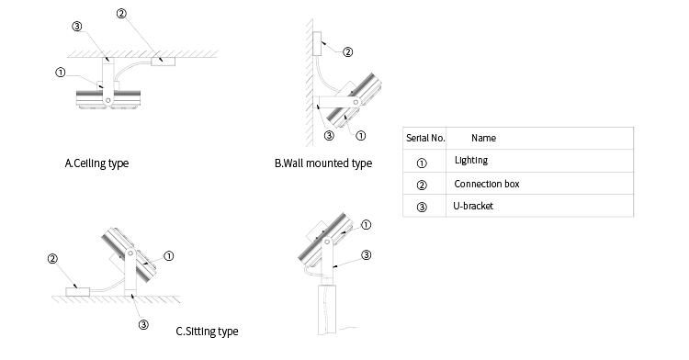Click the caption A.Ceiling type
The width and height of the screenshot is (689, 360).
(x=96, y=163)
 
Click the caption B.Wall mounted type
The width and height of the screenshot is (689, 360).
(x=323, y=163)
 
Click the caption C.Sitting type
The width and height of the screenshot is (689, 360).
(x=207, y=331)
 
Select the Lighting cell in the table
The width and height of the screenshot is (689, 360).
(x=471, y=160)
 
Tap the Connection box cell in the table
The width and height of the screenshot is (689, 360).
(x=486, y=184)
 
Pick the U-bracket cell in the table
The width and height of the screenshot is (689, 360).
(x=473, y=206)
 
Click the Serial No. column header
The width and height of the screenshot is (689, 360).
(x=425, y=138)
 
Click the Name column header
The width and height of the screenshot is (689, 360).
(x=483, y=138)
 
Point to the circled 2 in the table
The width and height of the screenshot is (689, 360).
(x=422, y=185)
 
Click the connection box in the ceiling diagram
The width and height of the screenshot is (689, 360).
(x=163, y=62)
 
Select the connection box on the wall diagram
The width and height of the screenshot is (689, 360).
(x=317, y=44)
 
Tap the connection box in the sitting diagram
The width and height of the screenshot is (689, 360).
(x=78, y=292)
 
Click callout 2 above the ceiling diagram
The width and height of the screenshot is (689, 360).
(x=121, y=14)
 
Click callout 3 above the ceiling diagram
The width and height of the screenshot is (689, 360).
(x=77, y=27)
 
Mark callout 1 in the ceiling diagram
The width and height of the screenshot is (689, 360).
(x=61, y=73)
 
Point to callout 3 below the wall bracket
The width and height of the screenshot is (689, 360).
(x=329, y=136)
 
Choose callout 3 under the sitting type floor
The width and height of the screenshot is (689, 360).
(x=143, y=325)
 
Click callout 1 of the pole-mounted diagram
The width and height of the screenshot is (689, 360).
(x=366, y=225)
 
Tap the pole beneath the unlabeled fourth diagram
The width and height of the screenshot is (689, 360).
(x=327, y=309)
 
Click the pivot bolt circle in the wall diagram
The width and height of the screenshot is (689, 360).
(x=356, y=102)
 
